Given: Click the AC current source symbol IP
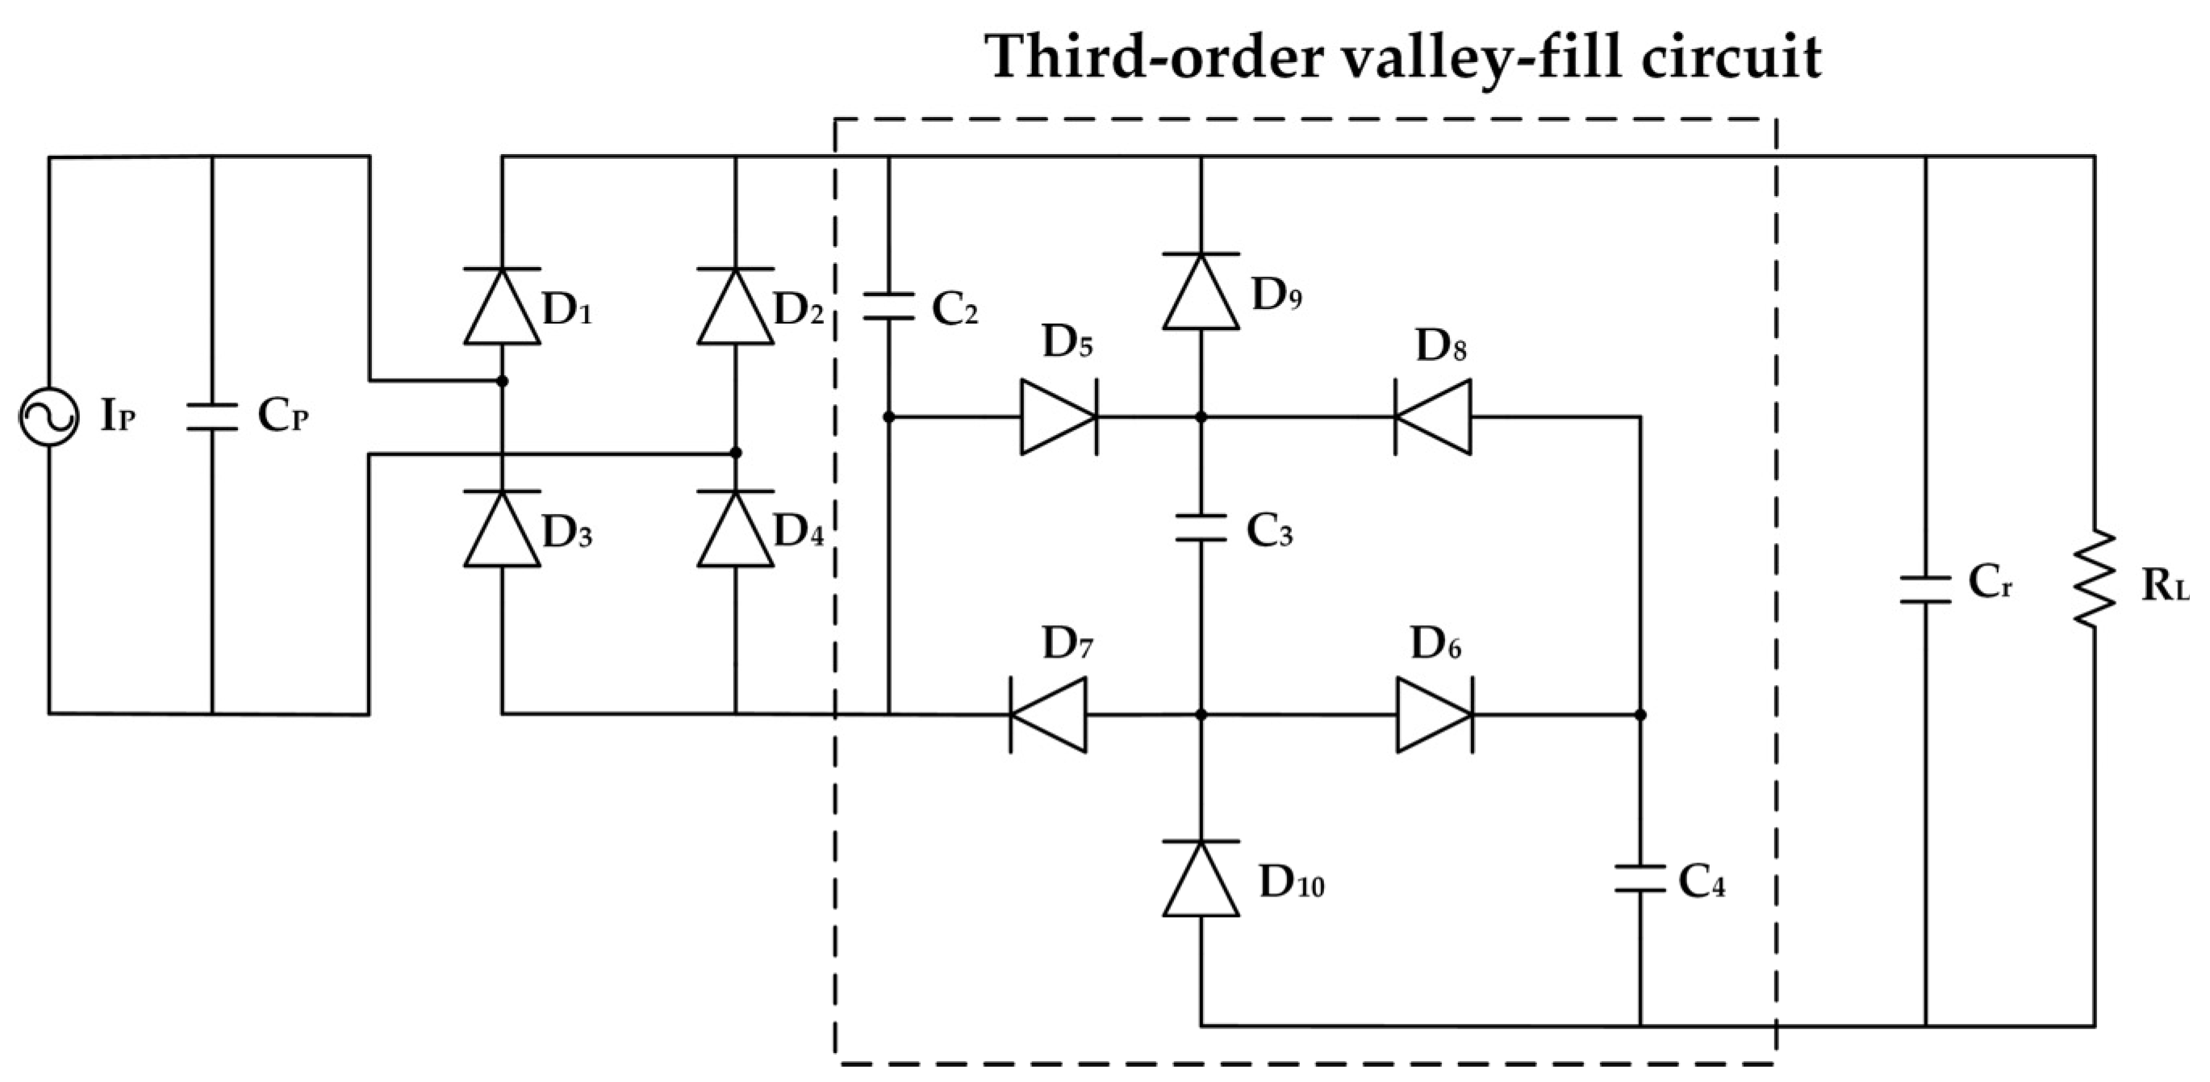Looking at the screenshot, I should [x=49, y=417].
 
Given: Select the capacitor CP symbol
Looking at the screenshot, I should [x=212, y=418].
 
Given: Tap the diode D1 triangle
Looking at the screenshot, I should [x=502, y=307].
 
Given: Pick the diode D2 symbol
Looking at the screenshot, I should [x=735, y=307].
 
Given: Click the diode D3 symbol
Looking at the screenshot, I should [x=502, y=529].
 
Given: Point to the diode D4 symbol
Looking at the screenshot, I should [x=735, y=529].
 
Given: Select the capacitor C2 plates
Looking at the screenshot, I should [x=889, y=307].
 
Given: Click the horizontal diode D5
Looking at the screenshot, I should [x=1059, y=417].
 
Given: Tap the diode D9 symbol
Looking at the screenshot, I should [x=1201, y=292].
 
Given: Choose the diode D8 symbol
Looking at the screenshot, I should [x=1432, y=417].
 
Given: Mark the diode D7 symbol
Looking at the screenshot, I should [x=1047, y=715].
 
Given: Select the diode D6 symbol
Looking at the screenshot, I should [x=1435, y=715].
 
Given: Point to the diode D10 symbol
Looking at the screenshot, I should [x=1201, y=879].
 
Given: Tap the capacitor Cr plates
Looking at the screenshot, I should [x=1926, y=589].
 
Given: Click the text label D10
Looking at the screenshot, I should [x=1291, y=882].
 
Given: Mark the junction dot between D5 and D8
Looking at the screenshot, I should [x=1201, y=417].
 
